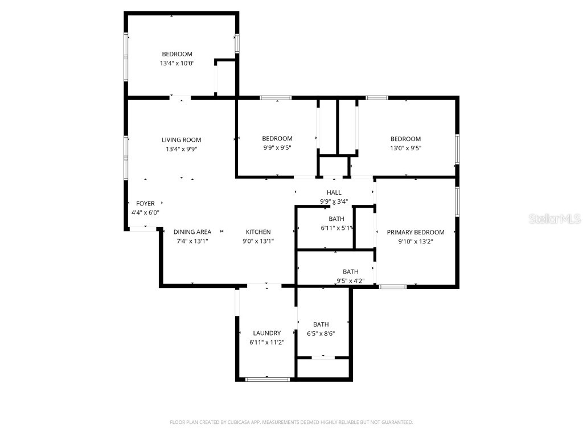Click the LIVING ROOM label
(182, 140)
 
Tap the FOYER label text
(145, 204)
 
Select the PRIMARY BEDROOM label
(416, 232)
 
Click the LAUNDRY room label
(267, 333)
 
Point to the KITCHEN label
(258, 232)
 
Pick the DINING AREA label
(192, 232)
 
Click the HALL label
(334, 192)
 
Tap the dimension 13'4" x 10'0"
(178, 63)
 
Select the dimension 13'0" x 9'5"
(405, 149)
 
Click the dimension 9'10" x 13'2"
(416, 241)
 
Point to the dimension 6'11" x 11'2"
(267, 343)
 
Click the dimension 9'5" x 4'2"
(351, 281)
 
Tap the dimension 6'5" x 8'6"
(321, 333)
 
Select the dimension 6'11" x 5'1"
(336, 228)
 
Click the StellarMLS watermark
(555, 218)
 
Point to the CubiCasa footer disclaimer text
(291, 422)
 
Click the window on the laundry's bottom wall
(268, 380)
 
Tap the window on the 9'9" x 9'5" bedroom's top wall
(276, 98)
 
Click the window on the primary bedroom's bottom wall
(393, 287)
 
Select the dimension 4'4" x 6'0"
(145, 213)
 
